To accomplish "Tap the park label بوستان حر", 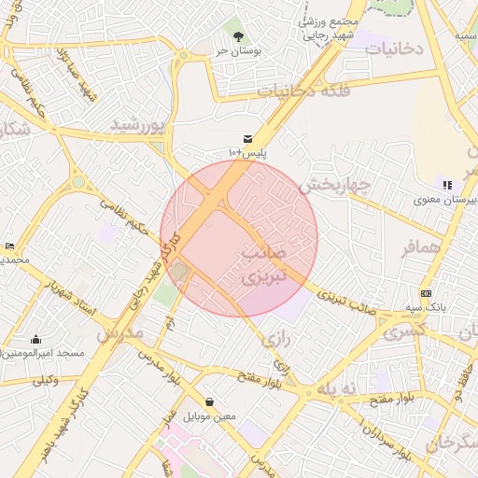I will pos(235,53).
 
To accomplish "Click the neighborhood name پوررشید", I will pos(137,123).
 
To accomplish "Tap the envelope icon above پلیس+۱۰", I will pos(248,138).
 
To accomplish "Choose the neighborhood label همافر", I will pos(421,248).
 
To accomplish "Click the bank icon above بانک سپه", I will pos(427,293).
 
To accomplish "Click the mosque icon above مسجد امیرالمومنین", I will pos(36,340).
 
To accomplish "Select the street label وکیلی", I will pos(45,380).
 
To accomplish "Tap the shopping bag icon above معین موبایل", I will pos(209,402).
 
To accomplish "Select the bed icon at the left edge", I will pos(9,245).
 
